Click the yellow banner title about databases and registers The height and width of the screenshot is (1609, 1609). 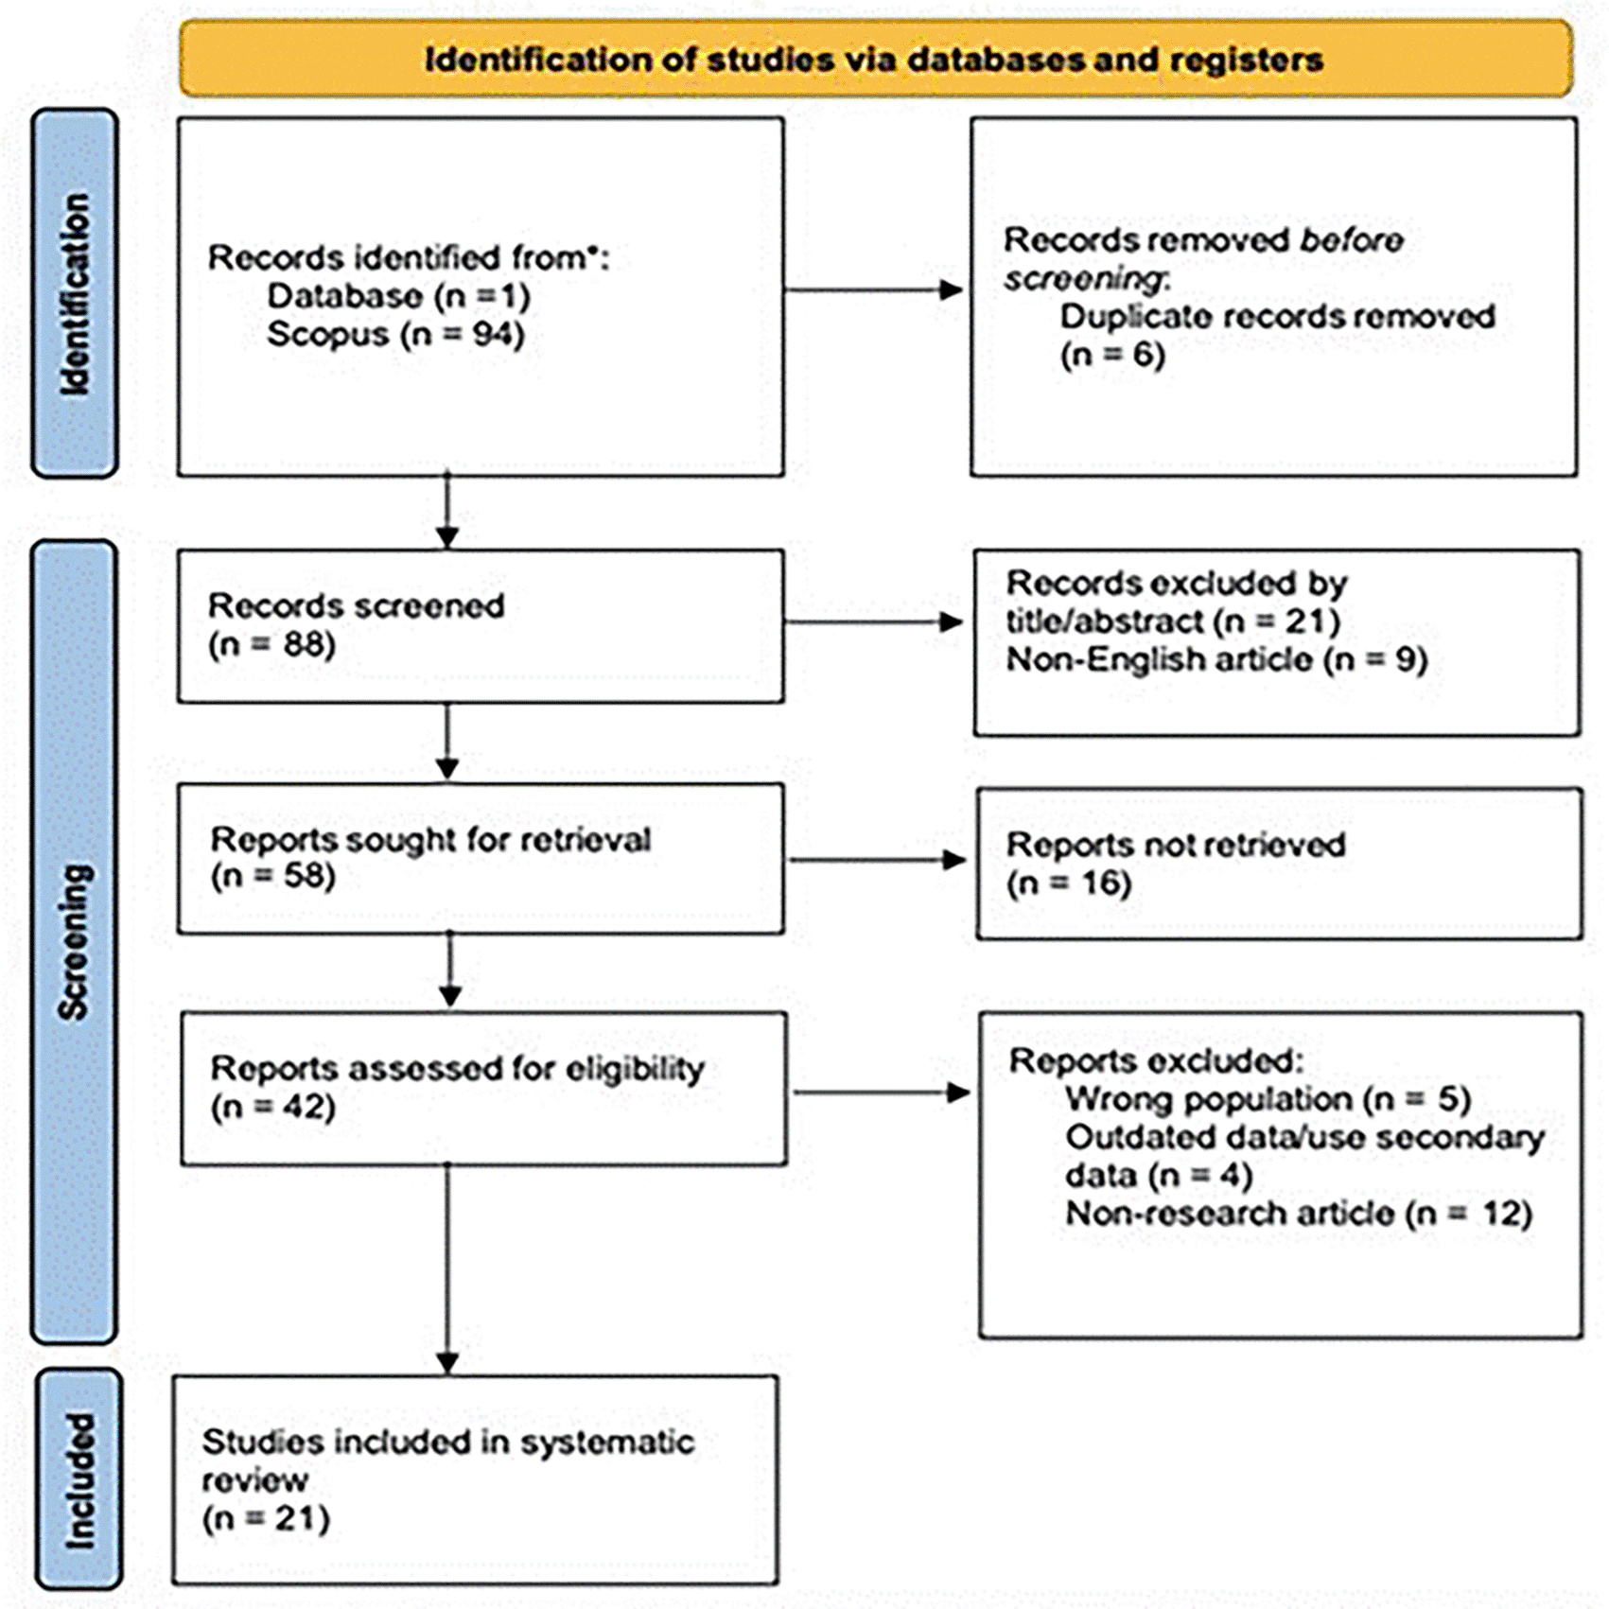(x=874, y=61)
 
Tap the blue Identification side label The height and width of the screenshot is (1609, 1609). (x=76, y=294)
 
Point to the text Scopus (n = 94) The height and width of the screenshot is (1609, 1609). (x=395, y=335)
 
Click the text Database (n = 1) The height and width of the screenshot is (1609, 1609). (x=398, y=297)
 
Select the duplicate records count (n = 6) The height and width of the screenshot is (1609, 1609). (x=1112, y=356)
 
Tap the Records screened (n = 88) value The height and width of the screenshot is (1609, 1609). (x=271, y=645)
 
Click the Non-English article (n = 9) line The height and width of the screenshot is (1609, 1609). (x=1217, y=659)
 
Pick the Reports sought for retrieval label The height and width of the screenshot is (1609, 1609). (x=430, y=840)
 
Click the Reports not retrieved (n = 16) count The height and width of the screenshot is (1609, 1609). (x=1069, y=883)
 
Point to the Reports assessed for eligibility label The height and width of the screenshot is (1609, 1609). (x=458, y=1069)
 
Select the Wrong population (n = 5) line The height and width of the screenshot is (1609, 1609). (x=1268, y=1099)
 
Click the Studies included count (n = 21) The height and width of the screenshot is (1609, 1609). (x=266, y=1519)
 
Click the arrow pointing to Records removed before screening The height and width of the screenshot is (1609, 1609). (x=874, y=290)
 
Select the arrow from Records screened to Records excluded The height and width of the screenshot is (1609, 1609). (x=874, y=622)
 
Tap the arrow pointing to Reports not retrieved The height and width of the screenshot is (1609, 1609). (x=878, y=860)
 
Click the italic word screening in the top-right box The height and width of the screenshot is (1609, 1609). (x=1086, y=279)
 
